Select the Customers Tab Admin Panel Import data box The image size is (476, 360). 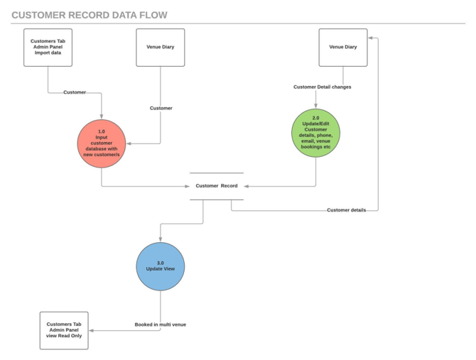pos(48,48)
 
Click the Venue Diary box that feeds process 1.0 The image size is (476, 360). pos(160,48)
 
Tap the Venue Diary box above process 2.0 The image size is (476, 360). pos(343,48)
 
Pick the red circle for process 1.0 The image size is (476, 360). pos(102,143)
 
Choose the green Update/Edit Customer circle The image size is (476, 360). pos(316,133)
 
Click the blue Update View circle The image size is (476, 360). pos(160,266)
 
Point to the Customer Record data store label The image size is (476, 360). pos(217,186)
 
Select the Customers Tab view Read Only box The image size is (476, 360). pos(64,330)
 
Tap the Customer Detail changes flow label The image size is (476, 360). pos(322,87)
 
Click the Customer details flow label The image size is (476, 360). pos(346,210)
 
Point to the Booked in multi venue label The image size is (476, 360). pos(161,324)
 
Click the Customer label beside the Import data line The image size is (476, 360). pos(75,92)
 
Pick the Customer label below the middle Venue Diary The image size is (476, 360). pos(161,109)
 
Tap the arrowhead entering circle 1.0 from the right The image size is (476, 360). pos(129,143)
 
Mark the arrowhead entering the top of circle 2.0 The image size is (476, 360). pos(316,106)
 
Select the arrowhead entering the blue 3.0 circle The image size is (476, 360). pos(160,239)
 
